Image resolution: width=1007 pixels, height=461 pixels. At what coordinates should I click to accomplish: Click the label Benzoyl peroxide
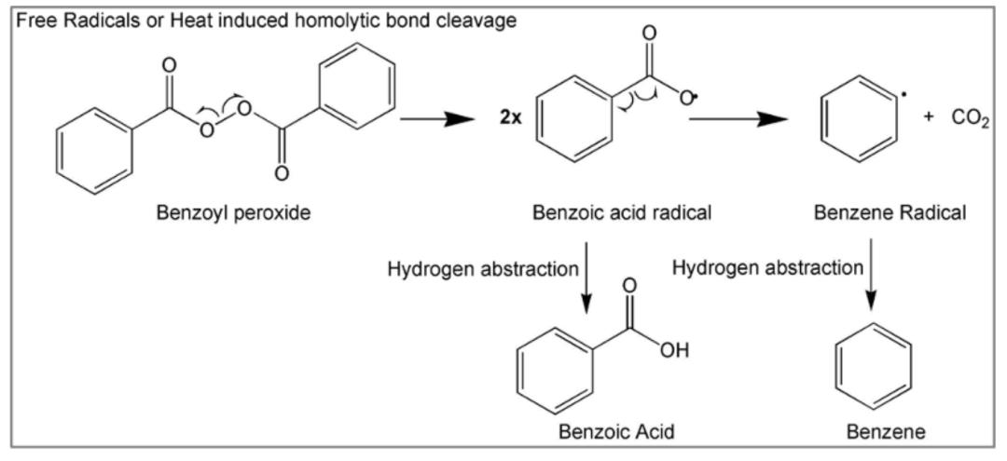pyautogui.click(x=233, y=212)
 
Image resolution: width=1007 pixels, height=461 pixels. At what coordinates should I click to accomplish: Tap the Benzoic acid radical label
pyautogui.click(x=622, y=212)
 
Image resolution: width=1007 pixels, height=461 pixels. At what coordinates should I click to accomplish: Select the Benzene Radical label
pyautogui.click(x=890, y=212)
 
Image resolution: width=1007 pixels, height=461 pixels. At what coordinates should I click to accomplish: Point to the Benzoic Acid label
pyautogui.click(x=616, y=431)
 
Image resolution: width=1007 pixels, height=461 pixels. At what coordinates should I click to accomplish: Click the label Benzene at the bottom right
pyautogui.click(x=887, y=431)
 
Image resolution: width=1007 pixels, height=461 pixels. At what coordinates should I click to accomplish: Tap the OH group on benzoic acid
pyautogui.click(x=674, y=351)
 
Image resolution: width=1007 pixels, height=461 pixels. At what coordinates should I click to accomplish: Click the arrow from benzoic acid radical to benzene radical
pyautogui.click(x=738, y=119)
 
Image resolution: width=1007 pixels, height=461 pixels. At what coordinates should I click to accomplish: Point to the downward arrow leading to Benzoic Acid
pyautogui.click(x=585, y=278)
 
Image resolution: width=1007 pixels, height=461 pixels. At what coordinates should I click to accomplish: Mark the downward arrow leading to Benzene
pyautogui.click(x=870, y=275)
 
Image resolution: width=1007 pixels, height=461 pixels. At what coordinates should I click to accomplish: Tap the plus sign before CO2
pyautogui.click(x=929, y=121)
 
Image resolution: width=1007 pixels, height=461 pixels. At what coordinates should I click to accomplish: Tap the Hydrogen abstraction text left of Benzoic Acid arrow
pyautogui.click(x=483, y=269)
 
